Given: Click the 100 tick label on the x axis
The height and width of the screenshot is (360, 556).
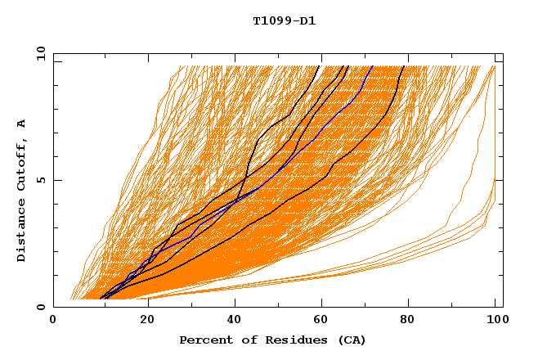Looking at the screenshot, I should pos(495,321).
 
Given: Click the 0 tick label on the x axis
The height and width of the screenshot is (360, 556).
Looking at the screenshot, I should pos(54,321).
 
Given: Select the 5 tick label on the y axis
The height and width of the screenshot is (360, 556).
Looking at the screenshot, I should pos(40,180).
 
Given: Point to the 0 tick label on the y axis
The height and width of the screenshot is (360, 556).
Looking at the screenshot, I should pos(40,307).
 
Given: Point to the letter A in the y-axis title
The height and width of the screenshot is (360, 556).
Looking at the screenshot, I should pos(21,124).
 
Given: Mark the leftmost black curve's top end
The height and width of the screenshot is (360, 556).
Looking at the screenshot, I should pos(321,65).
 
